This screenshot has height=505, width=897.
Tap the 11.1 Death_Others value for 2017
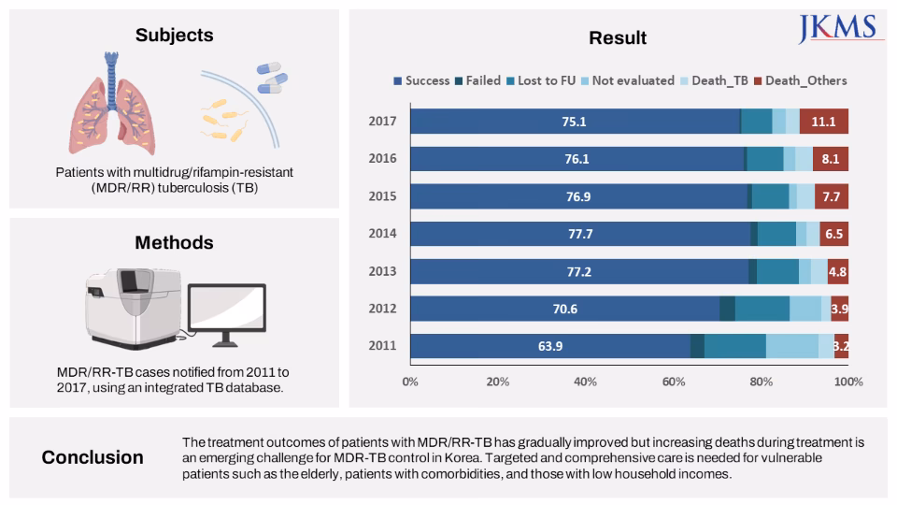point(823,121)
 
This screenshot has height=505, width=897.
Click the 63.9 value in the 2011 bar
point(550,346)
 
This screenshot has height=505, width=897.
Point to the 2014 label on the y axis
point(383,234)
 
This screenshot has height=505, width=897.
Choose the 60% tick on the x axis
point(673,382)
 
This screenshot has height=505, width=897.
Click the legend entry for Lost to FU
point(542,80)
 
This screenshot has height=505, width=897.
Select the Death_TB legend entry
point(713,80)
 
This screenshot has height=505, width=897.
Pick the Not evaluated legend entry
point(627,80)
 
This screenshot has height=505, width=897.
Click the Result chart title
point(618,38)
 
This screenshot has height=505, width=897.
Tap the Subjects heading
point(174,36)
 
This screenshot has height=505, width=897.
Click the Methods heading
point(174,242)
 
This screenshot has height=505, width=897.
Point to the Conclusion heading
point(93,457)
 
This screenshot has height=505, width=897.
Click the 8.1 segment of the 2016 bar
point(830,159)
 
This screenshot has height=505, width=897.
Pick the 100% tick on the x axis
point(848,382)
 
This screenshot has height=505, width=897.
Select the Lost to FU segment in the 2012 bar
point(762,309)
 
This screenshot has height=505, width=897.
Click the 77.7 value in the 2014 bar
point(580,234)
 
